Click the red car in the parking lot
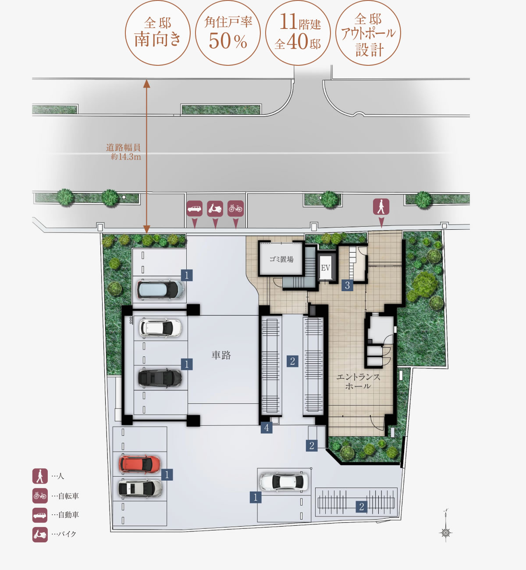click(140, 464)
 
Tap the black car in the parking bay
click(160, 378)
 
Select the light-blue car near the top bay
click(160, 289)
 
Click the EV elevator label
click(325, 268)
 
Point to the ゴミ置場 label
click(281, 259)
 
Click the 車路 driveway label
click(221, 355)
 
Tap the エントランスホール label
click(358, 381)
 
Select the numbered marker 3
click(347, 285)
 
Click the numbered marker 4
click(267, 427)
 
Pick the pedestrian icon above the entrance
click(381, 207)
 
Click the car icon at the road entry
click(195, 208)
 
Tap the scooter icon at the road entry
click(215, 208)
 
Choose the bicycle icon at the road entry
click(235, 208)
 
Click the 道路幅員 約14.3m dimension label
click(124, 152)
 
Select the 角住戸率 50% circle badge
click(228, 33)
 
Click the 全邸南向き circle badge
click(158, 33)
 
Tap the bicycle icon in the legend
click(40, 495)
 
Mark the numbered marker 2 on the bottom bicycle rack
click(362, 506)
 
